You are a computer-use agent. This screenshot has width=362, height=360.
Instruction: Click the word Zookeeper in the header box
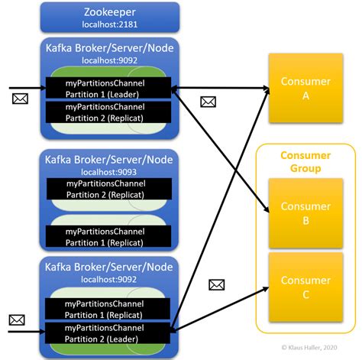110,11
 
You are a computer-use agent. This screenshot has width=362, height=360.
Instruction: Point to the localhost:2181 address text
110,24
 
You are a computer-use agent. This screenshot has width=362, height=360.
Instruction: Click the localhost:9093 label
110,174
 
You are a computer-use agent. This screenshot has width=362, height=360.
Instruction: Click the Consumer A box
305,88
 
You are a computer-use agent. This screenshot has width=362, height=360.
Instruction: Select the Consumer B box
305,212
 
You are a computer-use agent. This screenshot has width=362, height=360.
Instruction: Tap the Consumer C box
305,288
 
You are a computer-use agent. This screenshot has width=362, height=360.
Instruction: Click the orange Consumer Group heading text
305,162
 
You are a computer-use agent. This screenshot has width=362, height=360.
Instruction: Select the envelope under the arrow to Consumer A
207,101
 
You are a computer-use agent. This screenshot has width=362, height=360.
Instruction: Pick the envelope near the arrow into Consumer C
218,285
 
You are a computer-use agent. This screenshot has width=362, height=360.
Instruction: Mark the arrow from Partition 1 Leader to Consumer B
221,150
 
